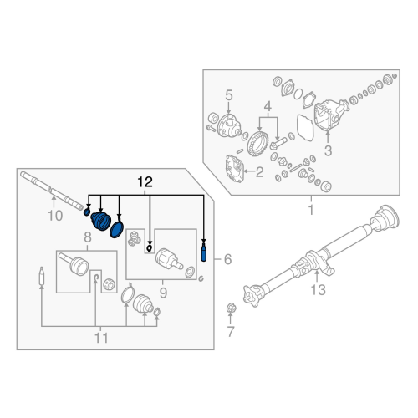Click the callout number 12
(145, 181)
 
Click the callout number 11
(101, 339)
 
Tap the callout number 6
(225, 260)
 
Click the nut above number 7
(232, 311)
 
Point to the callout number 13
(317, 290)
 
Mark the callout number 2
(259, 172)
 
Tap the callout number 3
(329, 150)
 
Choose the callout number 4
(267, 107)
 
